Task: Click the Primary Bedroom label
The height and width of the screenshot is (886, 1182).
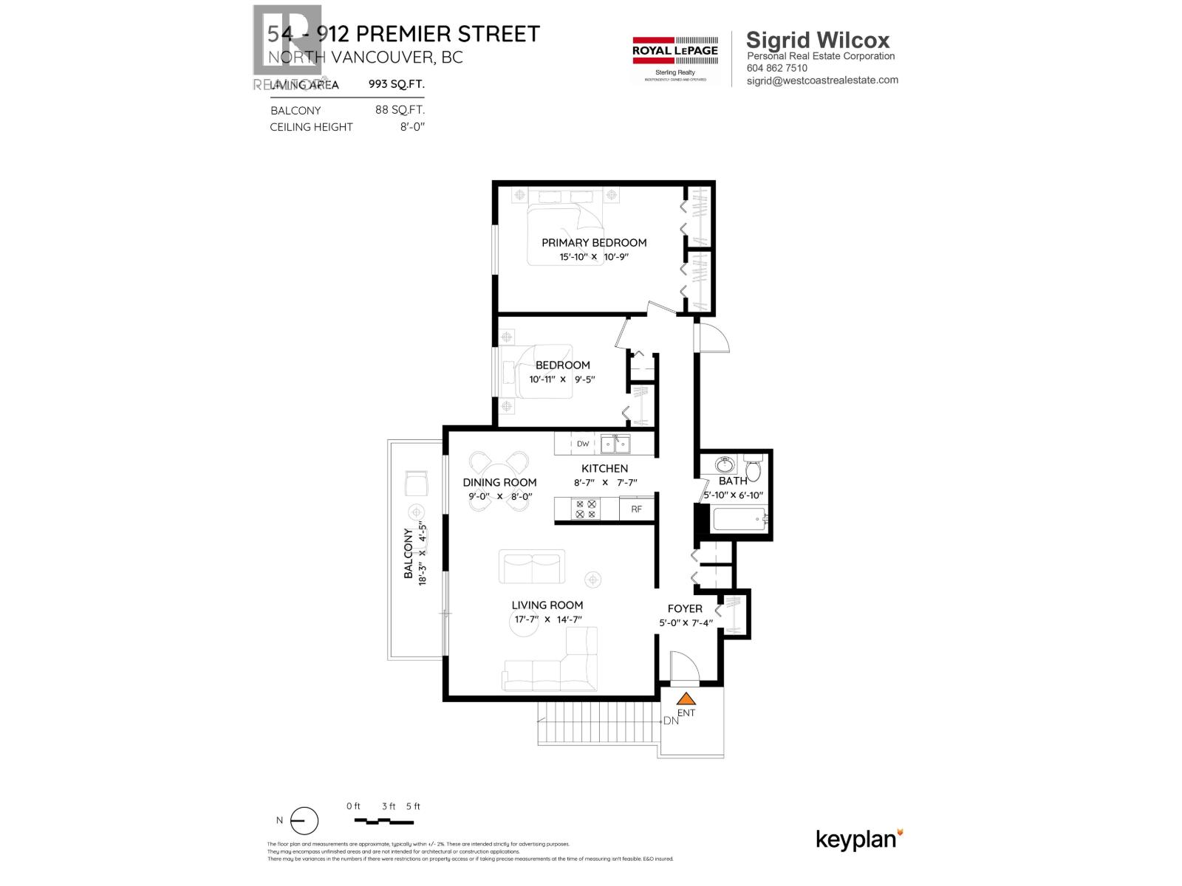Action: [594, 242]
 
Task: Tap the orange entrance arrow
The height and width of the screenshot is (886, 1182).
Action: [687, 698]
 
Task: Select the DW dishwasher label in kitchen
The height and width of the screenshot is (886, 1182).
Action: [583, 444]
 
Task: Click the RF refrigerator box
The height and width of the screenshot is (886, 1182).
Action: [636, 509]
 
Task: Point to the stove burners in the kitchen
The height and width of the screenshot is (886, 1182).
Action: [585, 509]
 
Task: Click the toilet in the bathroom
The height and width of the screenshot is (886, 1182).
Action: [754, 470]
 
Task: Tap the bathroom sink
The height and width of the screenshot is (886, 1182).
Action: [725, 466]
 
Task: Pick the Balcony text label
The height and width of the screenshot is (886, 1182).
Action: [408, 553]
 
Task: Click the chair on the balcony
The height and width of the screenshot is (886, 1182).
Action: [417, 484]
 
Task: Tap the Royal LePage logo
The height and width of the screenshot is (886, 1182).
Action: [675, 60]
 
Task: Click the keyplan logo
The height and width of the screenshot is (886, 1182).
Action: [859, 839]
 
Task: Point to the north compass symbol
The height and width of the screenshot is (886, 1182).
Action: [304, 821]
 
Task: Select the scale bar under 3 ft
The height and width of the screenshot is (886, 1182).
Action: [383, 821]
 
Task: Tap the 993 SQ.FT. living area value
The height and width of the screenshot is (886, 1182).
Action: [396, 84]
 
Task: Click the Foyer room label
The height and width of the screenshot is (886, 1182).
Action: [685, 608]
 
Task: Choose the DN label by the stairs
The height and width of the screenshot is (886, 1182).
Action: [671, 721]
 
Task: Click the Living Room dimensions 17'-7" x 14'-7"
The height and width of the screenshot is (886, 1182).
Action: [547, 619]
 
